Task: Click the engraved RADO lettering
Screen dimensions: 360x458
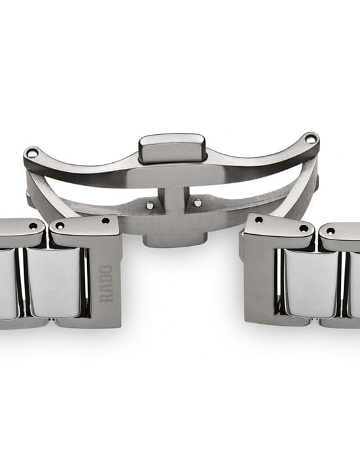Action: coord(106,283)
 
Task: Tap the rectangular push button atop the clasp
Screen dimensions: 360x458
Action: coord(172,149)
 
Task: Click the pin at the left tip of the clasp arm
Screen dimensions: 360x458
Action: coord(31,152)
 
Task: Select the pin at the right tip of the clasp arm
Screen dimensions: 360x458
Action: coord(310,138)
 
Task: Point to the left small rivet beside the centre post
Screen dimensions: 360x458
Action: coord(150,205)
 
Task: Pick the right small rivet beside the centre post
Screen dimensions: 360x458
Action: coord(198,203)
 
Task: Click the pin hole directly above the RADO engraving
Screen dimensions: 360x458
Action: coord(105,221)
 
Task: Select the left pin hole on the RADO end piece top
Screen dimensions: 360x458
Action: coord(60,226)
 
